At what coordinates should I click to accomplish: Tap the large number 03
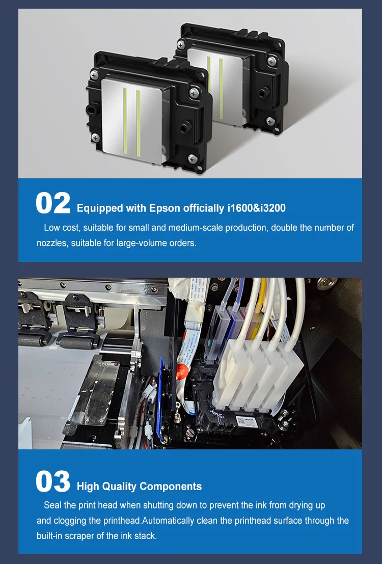coord(53,481)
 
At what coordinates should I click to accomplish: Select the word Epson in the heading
coord(165,208)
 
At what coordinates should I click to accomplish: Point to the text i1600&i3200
coord(257,208)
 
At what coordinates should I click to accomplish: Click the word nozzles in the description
coord(52,244)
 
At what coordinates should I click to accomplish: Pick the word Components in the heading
coord(171,487)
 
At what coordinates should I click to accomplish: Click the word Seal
coord(52,505)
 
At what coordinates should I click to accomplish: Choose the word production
coord(247,228)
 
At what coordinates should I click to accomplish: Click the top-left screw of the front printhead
coord(95,75)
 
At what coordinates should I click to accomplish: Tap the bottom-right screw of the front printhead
coord(192,158)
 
